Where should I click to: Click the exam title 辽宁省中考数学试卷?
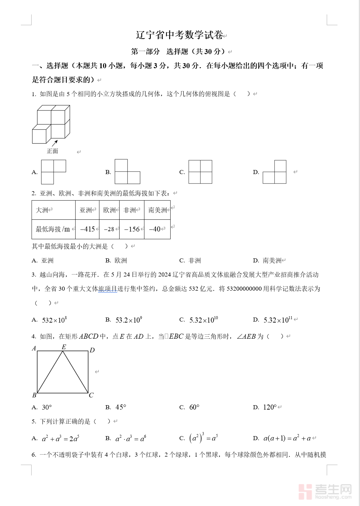[x=180, y=35]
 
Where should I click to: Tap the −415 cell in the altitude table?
[x=87, y=229]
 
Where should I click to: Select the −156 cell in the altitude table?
[x=132, y=229]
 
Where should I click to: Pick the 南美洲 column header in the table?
[x=157, y=210]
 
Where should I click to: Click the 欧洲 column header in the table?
[x=109, y=210]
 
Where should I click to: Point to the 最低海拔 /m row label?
[x=53, y=229]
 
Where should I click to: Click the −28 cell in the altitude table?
[x=109, y=229]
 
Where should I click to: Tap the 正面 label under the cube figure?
[x=52, y=151]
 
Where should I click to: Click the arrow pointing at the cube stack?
[x=55, y=143]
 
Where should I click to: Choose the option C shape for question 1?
[x=200, y=172]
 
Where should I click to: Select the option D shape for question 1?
[x=275, y=172]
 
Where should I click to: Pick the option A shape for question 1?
[x=53, y=172]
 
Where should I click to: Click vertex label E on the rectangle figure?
[x=64, y=347]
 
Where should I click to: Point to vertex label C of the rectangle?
[x=91, y=395]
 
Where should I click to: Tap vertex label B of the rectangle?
[x=34, y=395]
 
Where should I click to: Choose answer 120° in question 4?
[x=270, y=407]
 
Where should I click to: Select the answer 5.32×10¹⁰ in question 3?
[x=204, y=320]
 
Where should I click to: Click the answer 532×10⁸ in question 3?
[x=54, y=320]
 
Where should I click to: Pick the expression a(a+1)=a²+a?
[x=287, y=438]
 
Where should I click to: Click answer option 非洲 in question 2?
[x=195, y=260]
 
